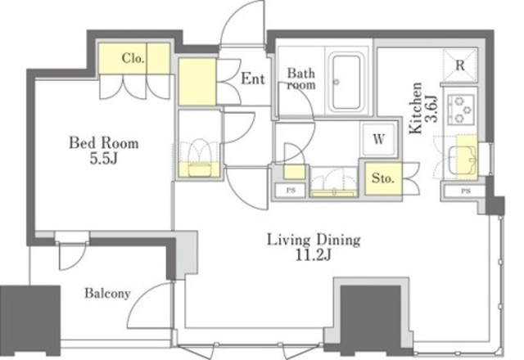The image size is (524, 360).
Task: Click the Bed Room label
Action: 104,143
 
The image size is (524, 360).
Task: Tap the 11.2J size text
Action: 314,255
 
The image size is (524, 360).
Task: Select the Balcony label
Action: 107,293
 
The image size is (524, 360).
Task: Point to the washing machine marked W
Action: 378,139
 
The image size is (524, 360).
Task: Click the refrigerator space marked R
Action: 460,65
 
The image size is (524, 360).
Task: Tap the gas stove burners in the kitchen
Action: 461,109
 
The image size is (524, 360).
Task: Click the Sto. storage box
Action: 383,178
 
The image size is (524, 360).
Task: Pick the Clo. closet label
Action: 133,58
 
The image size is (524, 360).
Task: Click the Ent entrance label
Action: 253,79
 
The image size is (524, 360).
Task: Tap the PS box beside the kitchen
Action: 465,191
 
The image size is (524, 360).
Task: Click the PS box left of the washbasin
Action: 291,191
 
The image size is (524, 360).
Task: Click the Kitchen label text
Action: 416,108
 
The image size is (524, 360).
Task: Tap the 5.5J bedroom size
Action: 104,159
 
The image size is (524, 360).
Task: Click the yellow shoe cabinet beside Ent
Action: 197,82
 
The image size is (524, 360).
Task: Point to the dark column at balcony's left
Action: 30,320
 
